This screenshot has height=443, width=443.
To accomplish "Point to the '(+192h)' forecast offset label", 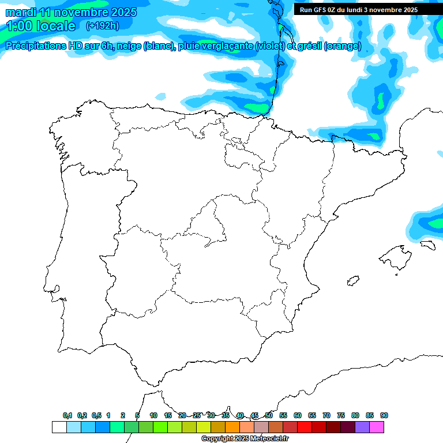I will [x=102, y=26].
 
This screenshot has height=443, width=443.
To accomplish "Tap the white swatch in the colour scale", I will [x=59, y=427].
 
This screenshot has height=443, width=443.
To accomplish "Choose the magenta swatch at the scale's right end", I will [x=377, y=427].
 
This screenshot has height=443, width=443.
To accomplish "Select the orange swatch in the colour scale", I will [x=232, y=427].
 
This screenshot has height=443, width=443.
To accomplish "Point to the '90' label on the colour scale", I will [x=384, y=415].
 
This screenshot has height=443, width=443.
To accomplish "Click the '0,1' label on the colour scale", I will [x=67, y=415].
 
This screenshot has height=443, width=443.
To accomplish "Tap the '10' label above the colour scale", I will [x=153, y=415].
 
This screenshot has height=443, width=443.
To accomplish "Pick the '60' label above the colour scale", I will [x=298, y=415].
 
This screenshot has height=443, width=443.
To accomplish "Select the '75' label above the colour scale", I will [x=341, y=415].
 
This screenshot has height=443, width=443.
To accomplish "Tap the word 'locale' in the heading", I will [x=56, y=26].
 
